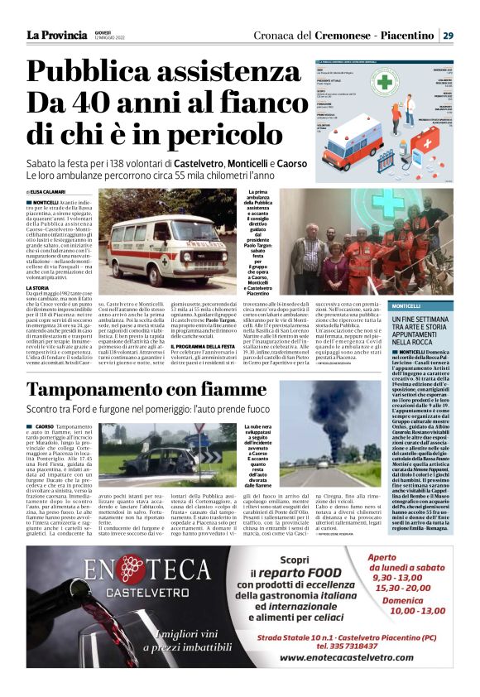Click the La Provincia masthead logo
click(x=56, y=36)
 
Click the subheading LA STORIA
click(x=37, y=288)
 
